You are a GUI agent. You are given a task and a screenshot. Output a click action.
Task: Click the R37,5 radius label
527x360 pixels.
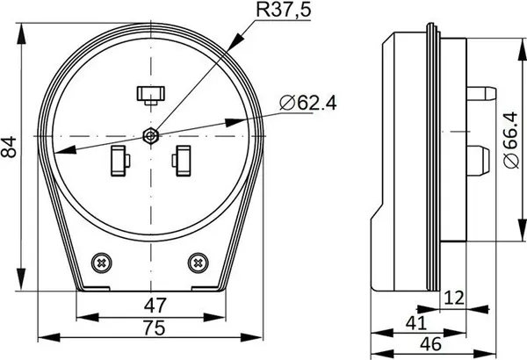284,10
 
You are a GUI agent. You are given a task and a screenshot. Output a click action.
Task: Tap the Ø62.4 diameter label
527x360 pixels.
308,104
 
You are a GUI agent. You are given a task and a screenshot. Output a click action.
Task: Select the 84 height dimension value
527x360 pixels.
9,147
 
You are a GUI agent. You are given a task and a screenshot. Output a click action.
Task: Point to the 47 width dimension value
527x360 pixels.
155,306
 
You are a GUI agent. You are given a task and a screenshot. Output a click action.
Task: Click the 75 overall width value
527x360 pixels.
155,328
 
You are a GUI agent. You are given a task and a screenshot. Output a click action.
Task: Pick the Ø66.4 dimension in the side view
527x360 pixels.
511,140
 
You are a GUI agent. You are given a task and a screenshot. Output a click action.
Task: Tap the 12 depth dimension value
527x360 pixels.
454,298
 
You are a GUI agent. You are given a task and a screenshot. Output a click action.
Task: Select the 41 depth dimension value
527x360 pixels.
416,323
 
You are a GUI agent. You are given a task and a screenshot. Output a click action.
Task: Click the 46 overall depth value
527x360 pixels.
431,344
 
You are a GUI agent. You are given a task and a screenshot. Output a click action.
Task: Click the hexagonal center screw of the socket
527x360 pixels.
150,136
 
